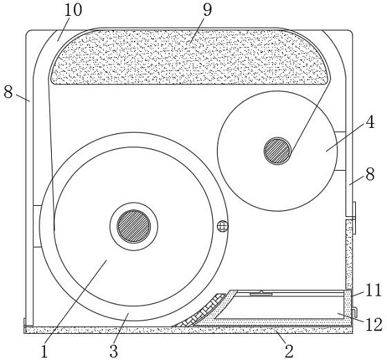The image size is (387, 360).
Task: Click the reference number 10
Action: coord(73,10)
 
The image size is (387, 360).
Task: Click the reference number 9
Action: coord(207,10)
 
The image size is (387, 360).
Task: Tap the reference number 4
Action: coord(370,122)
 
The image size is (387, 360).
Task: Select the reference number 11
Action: coord(373,290)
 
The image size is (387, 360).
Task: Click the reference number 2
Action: coord(289,350)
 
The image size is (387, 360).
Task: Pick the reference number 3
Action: coord(113,351)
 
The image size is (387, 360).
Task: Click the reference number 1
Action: coord(44,352)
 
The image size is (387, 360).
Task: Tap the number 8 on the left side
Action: coord(8,92)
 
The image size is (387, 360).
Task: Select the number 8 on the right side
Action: coord(370,174)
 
